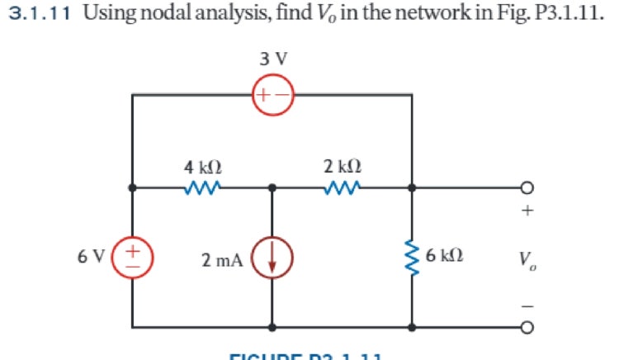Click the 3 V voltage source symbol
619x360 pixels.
pos(272,96)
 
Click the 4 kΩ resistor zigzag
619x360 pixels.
pos(202,188)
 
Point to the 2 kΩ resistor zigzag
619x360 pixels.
pos(342,188)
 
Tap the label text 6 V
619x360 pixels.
pos(91,257)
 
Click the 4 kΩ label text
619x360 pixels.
pos(202,167)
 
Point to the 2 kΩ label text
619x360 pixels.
pos(342,167)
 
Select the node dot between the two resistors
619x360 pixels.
pos(272,188)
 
